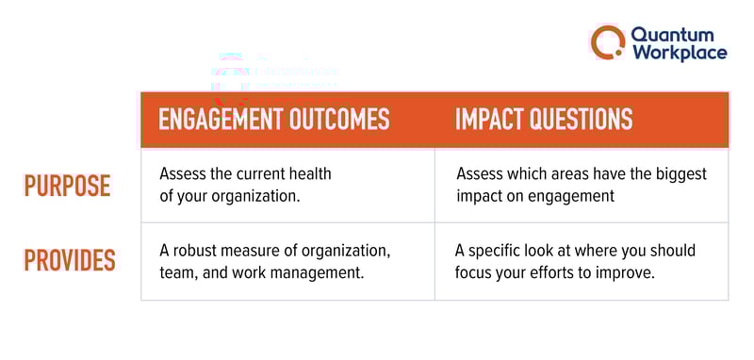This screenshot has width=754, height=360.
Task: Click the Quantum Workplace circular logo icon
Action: pos(608,41)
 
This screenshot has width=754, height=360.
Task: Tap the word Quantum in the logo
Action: pos(665,34)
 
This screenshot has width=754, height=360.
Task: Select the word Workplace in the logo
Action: pos(679,52)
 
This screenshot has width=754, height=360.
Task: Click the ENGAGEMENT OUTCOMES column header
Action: pos(273,120)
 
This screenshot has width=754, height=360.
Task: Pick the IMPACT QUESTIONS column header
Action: pos(544,120)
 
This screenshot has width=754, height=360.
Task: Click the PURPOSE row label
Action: pos(67,187)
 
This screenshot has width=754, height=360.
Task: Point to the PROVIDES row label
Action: pos(70,260)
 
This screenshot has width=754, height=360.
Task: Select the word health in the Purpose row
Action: pos(311,174)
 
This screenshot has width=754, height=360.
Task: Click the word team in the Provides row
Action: pos(175,271)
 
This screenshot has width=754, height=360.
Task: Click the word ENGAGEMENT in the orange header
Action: pos(214,120)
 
